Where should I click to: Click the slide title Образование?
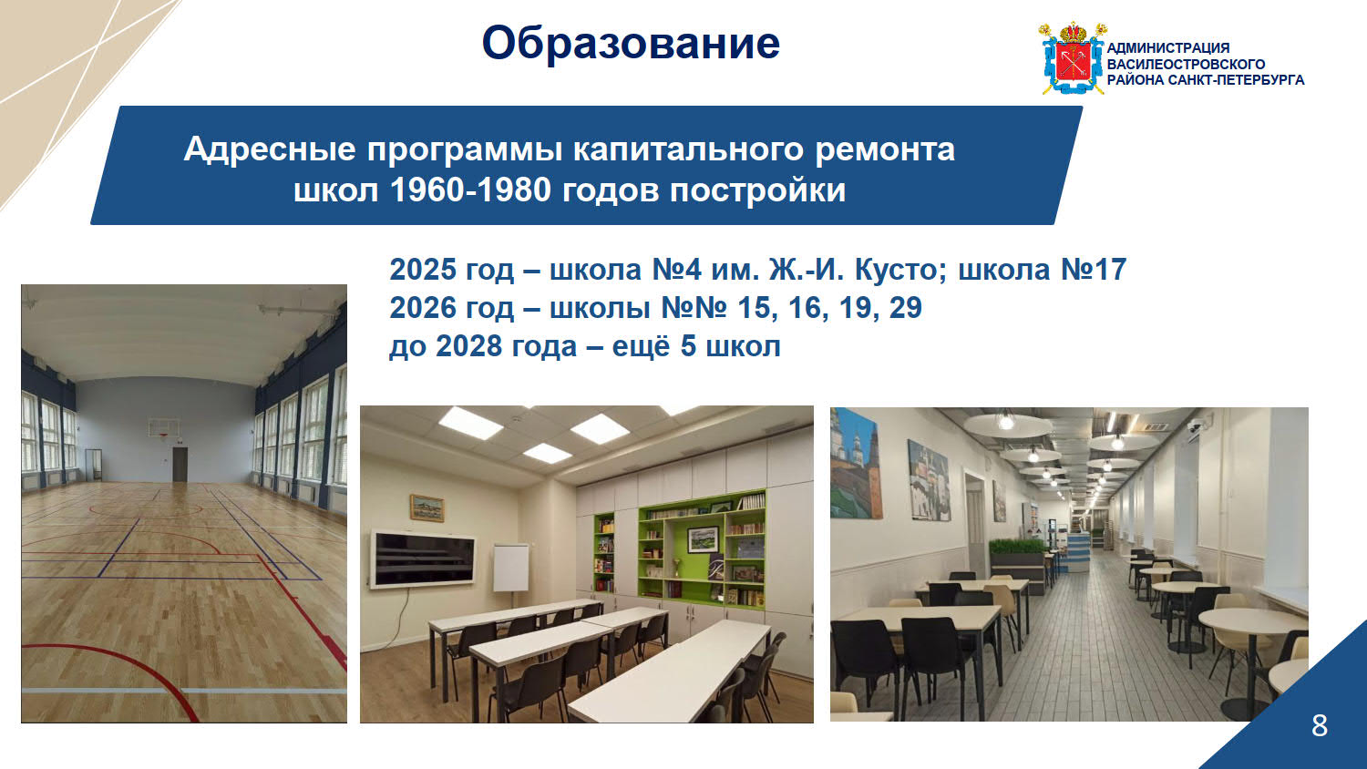(631, 43)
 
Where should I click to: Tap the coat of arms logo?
(1073, 58)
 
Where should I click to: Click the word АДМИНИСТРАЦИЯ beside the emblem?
(1168, 47)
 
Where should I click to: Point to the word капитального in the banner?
(688, 149)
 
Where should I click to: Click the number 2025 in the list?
(422, 269)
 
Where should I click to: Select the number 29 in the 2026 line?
(905, 308)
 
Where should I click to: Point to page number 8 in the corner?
(1320, 725)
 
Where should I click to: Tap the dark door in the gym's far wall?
(180, 464)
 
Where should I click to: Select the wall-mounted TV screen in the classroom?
(423, 558)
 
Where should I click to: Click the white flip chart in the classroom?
(510, 568)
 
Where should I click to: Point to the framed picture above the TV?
(427, 508)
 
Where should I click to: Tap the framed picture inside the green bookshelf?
(703, 538)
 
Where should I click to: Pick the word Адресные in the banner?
(269, 149)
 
